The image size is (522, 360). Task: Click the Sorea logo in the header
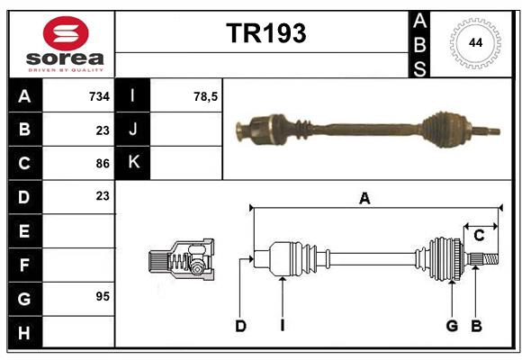tap(61, 42)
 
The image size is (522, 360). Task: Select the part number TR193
tap(265, 34)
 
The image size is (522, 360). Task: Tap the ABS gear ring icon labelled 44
tap(472, 42)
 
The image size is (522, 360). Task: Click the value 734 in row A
tap(99, 96)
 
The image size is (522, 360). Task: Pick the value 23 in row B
tap(103, 130)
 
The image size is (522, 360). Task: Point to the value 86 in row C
tap(103, 163)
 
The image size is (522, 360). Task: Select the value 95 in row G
tap(103, 296)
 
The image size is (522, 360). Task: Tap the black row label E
tap(24, 230)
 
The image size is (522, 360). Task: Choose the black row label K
tap(134, 163)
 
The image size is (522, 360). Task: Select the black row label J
tap(134, 130)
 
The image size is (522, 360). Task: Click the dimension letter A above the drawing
tap(364, 199)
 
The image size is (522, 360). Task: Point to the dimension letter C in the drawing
tap(480, 236)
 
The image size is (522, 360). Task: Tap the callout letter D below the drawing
tap(240, 326)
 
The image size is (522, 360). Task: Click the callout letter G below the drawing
tap(452, 326)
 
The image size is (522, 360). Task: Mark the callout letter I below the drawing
tap(282, 326)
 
